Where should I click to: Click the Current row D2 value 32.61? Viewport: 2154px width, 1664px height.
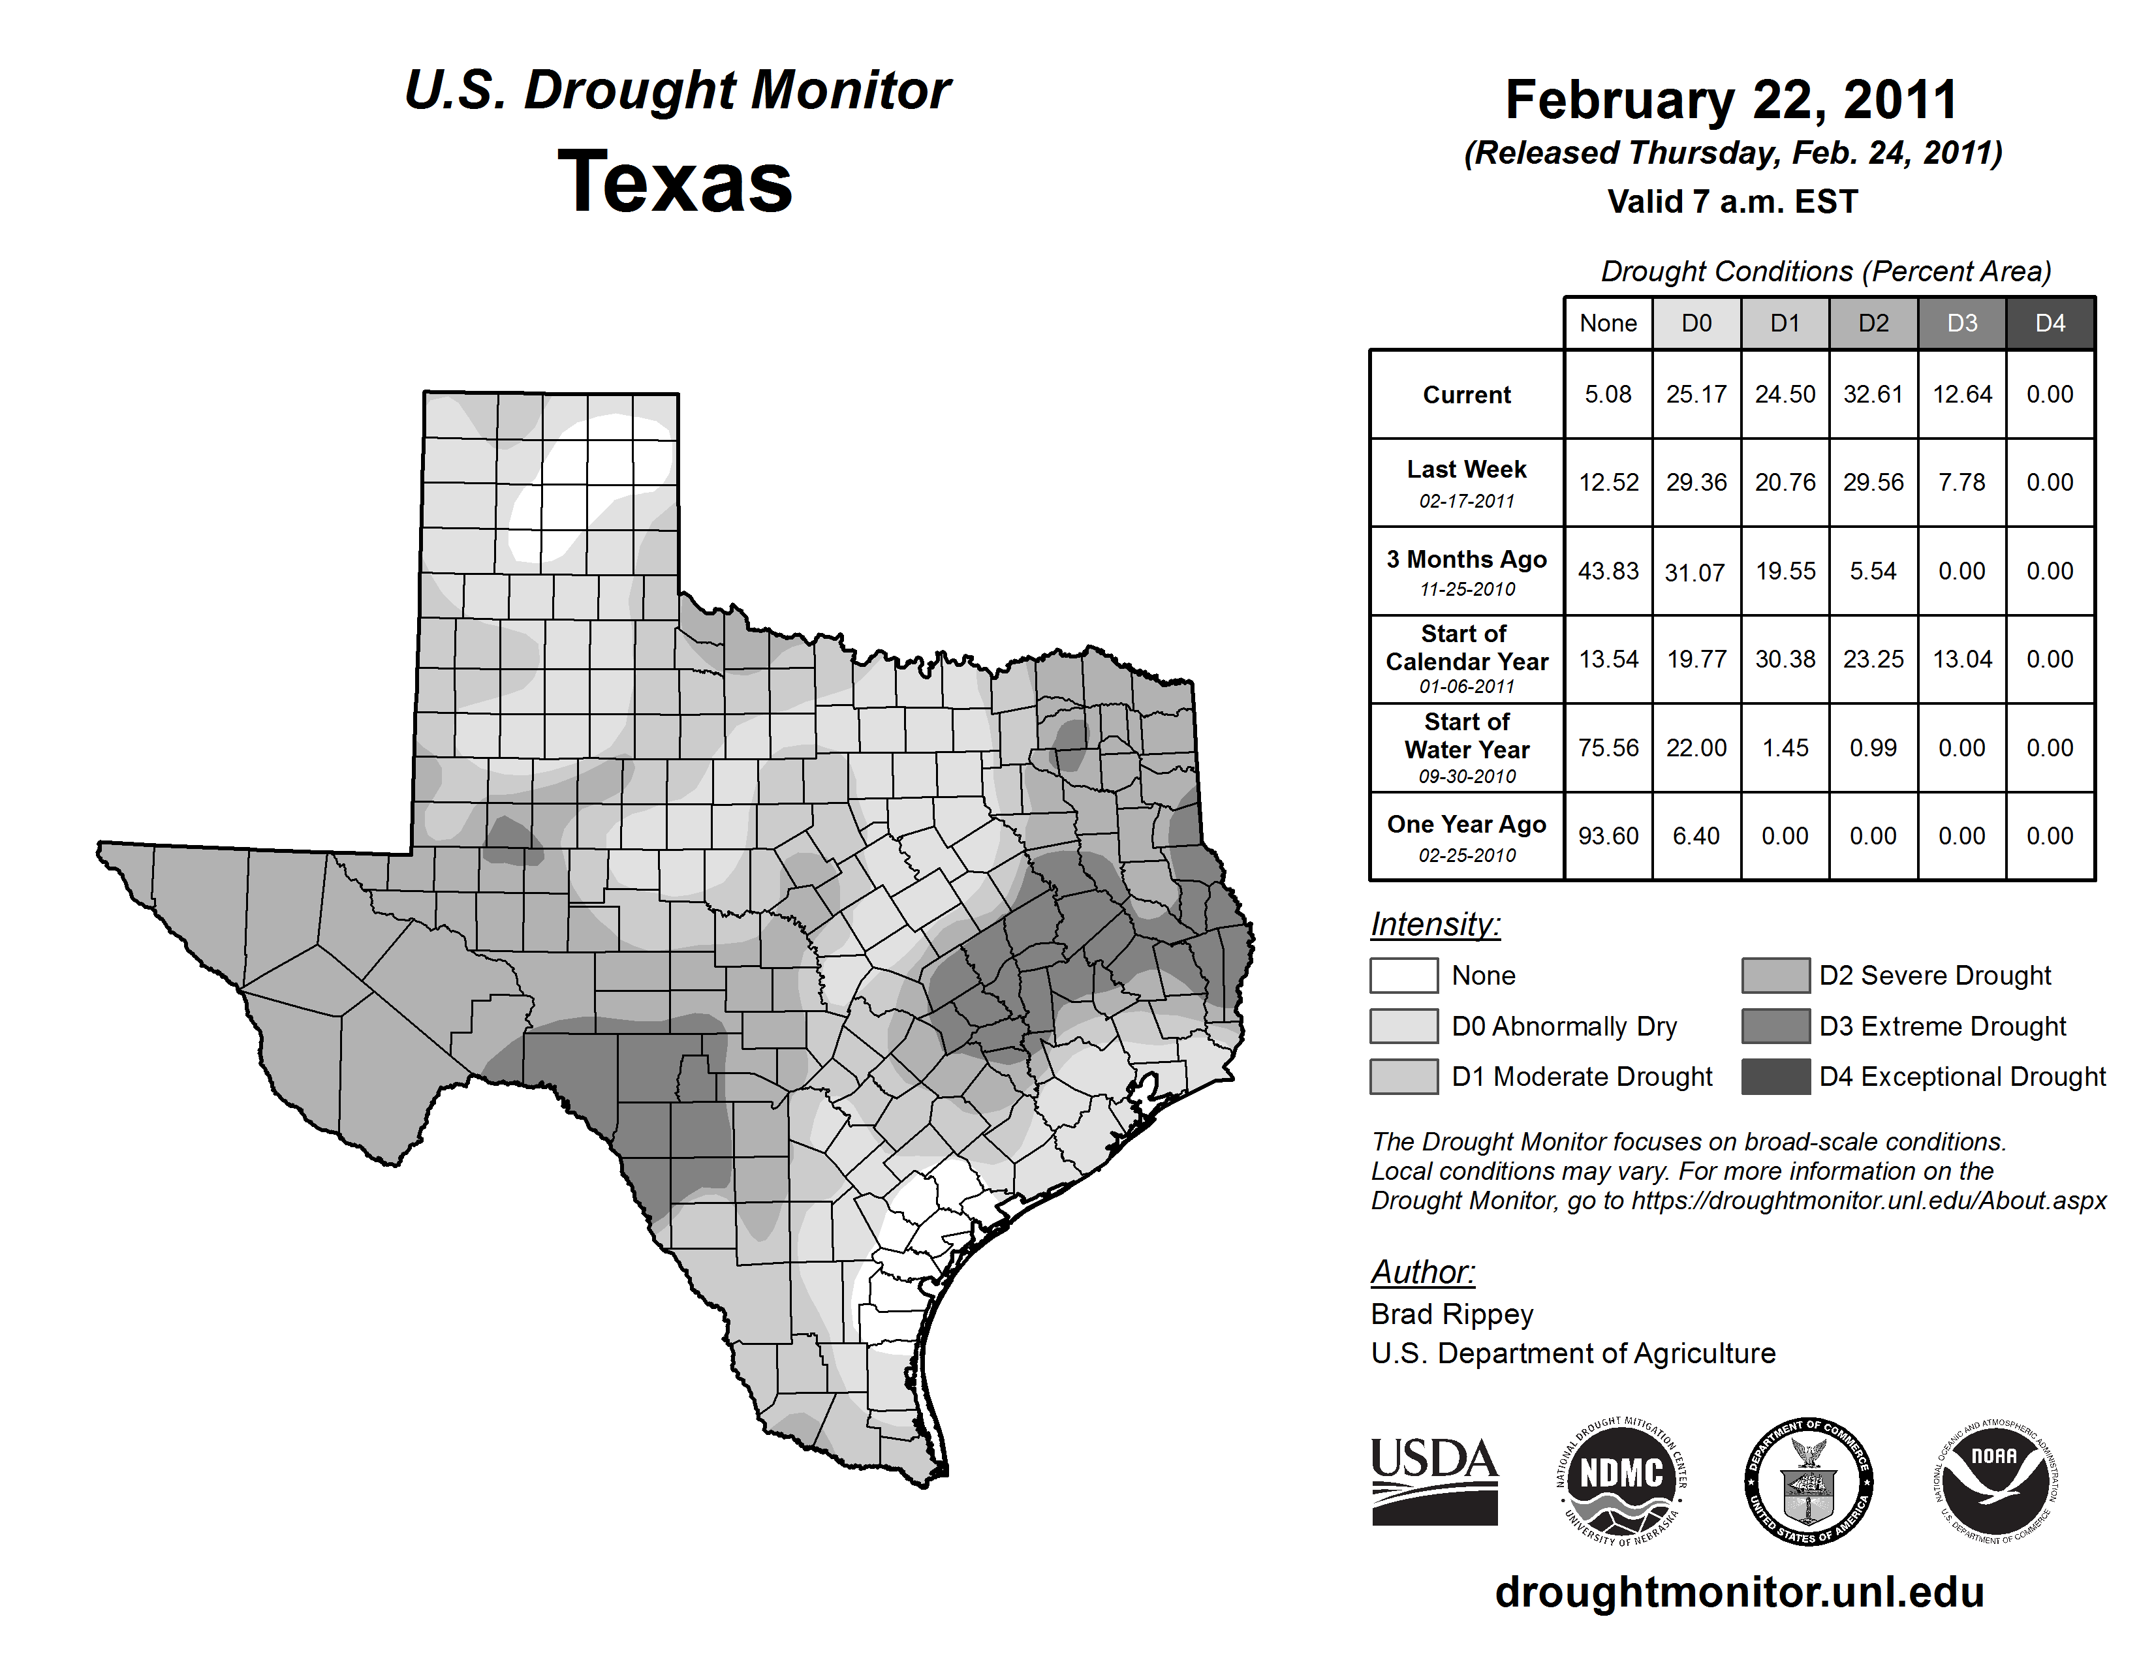(1873, 394)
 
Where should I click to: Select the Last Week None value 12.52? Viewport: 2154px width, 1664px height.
(1608, 482)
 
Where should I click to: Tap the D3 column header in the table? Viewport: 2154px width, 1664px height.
(1961, 323)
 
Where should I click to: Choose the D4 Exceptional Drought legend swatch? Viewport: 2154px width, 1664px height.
(1775, 1077)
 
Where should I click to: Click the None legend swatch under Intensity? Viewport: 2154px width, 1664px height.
(1403, 975)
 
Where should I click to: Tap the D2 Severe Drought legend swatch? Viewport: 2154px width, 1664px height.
(1775, 975)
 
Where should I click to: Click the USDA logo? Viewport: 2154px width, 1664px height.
(1434, 1481)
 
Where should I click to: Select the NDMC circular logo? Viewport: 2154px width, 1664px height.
(1621, 1481)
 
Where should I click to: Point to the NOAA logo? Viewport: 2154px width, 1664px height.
(1994, 1481)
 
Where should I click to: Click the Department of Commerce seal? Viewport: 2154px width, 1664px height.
(1808, 1481)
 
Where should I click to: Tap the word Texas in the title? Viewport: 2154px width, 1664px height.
(676, 182)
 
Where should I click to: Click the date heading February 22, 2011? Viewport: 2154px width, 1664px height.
(1731, 100)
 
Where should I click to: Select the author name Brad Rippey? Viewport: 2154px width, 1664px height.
(1452, 1314)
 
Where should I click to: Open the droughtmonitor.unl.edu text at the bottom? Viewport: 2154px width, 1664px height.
(1740, 1592)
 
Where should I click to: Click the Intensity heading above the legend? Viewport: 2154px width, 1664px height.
(1435, 925)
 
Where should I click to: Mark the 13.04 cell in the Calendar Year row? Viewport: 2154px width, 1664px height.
(1961, 660)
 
